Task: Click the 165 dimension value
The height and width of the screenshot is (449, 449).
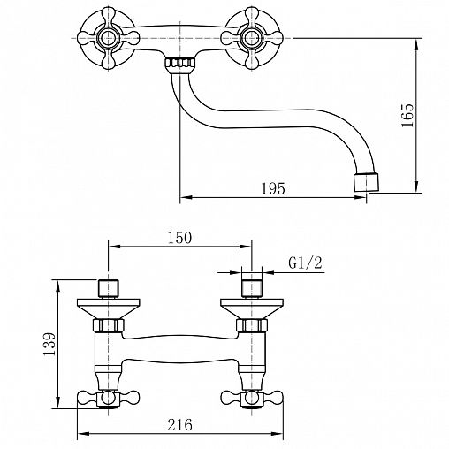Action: pos(408,115)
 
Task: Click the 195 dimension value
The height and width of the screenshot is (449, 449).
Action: pos(273,189)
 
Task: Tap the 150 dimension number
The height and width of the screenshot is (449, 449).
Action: pos(179,238)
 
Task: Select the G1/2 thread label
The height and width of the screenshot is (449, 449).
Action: pos(305,263)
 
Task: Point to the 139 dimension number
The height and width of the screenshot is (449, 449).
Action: pos(49,344)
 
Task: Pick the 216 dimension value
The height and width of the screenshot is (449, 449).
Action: pos(179,424)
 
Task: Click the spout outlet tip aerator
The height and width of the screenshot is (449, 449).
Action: pos(366,182)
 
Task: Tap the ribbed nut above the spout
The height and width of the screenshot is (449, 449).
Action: pos(180,63)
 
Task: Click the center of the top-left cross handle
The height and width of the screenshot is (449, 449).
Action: pos(108,38)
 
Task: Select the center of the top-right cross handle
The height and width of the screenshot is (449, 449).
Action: pos(252,38)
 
